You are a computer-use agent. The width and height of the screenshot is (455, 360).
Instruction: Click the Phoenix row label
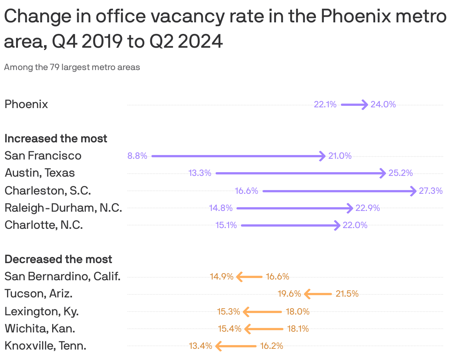(x=26, y=104)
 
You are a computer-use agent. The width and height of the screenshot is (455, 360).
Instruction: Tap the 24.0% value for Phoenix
(x=383, y=105)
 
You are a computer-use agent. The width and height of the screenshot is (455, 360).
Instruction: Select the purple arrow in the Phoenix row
(x=354, y=105)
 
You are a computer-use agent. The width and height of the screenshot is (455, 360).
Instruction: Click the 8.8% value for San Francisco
(x=137, y=156)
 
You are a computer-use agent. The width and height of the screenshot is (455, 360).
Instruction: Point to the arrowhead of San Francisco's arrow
(x=323, y=156)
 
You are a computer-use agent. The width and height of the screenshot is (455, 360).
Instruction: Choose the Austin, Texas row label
(x=40, y=173)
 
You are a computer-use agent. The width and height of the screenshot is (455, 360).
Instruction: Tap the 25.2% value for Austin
(x=401, y=173)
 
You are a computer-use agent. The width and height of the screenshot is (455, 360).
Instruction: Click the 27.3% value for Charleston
(x=431, y=191)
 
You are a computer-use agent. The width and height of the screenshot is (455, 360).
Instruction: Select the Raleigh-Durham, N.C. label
(x=63, y=208)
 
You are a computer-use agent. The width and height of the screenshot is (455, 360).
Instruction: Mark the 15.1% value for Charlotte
(x=226, y=225)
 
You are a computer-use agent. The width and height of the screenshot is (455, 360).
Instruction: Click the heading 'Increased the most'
(x=56, y=139)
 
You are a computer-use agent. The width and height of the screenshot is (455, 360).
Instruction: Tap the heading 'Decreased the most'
(x=58, y=259)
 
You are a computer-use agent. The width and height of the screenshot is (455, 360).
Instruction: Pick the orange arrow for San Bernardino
(x=250, y=277)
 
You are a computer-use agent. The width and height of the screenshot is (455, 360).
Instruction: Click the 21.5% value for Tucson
(x=347, y=294)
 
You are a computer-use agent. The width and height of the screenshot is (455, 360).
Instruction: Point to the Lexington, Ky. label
(x=41, y=311)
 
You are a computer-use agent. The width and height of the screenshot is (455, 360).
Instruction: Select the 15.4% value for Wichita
(x=229, y=329)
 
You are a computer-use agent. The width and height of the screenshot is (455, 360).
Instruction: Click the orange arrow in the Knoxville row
(x=236, y=346)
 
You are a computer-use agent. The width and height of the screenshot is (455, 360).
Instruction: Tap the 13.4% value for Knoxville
(x=200, y=346)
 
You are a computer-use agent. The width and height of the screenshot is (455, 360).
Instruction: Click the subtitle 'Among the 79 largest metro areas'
(x=72, y=67)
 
